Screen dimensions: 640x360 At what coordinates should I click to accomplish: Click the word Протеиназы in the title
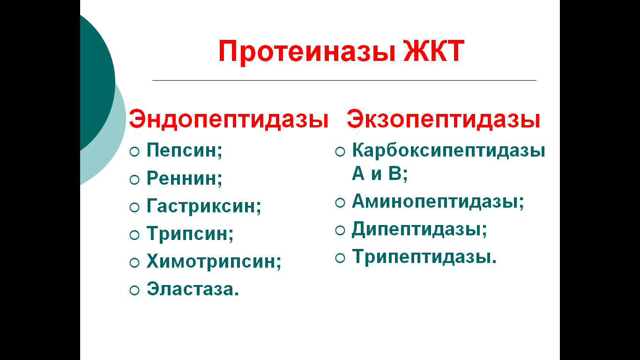point(307,52)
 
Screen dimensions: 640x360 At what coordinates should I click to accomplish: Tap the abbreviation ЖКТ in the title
point(434,51)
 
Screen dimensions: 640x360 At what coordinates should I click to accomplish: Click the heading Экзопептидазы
point(443,119)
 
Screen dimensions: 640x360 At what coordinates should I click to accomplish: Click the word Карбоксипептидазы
point(448,150)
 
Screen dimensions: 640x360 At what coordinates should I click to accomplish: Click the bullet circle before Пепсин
point(134,151)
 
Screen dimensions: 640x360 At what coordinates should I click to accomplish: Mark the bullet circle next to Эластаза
point(134,291)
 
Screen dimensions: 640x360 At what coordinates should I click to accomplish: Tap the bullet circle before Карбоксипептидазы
point(340,151)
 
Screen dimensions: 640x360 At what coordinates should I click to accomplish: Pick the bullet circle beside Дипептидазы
point(340,231)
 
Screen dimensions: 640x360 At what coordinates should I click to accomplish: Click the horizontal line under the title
point(344,80)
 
